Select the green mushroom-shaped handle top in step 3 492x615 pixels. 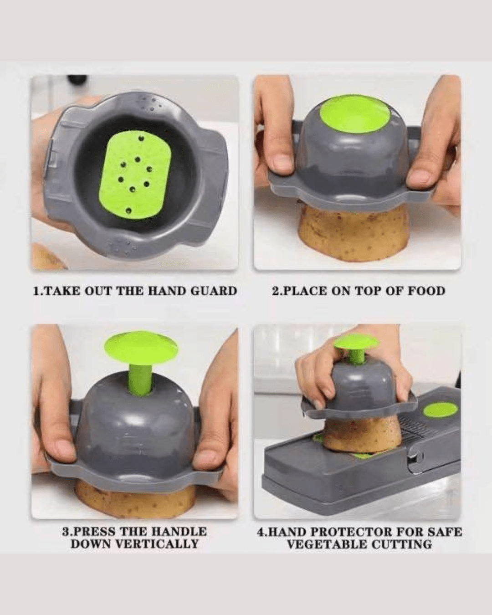point(141,348)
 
